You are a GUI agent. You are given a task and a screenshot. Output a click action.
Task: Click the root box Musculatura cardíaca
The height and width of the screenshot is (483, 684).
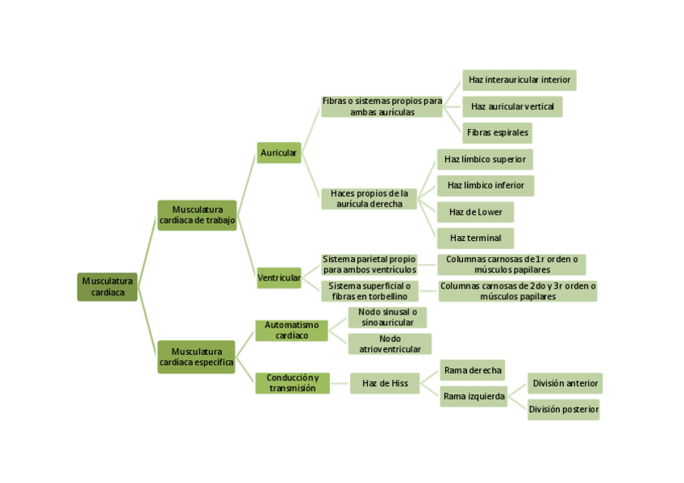coord(107,286)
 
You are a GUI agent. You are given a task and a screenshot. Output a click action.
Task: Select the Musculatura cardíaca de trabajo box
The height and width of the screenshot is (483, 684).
coord(197,215)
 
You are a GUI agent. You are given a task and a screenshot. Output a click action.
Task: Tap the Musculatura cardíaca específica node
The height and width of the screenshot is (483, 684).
coord(196,357)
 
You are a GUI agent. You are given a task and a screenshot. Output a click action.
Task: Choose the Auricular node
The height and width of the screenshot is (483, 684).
coord(279,152)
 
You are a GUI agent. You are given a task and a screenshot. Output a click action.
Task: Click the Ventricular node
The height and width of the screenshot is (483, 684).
coord(279,278)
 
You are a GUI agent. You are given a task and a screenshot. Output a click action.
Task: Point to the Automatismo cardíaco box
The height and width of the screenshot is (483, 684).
coord(291,330)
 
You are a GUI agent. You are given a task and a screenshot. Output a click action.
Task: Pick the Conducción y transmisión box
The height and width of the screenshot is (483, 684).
coord(292,383)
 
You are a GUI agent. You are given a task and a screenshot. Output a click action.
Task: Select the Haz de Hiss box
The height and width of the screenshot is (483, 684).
coord(385,383)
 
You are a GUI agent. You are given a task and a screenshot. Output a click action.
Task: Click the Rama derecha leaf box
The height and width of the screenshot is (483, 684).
coord(473,370)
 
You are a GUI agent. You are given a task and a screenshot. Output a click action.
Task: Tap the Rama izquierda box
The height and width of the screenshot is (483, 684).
coord(473,397)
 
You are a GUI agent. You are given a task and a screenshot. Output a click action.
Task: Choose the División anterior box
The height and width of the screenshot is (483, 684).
coord(565,383)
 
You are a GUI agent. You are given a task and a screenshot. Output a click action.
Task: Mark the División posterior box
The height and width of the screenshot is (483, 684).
coord(564,410)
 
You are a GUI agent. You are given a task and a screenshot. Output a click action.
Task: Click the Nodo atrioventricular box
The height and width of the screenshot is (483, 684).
coord(390,344)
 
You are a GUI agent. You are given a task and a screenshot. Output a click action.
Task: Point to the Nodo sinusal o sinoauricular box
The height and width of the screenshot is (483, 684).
coord(387,317)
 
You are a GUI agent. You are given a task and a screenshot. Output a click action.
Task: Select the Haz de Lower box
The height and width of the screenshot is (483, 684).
coord(475,212)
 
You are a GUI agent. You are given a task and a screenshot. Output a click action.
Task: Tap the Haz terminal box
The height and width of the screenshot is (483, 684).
coord(475,238)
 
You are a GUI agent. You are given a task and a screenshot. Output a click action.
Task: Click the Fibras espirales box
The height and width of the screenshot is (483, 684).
coord(497,132)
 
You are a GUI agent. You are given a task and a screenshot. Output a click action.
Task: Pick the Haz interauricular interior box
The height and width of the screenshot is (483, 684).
coord(519,80)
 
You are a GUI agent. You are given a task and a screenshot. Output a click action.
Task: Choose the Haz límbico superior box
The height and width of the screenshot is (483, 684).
coord(485,159)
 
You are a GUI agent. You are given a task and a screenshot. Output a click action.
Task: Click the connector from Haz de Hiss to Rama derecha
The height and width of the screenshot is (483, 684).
coord(430,377)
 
